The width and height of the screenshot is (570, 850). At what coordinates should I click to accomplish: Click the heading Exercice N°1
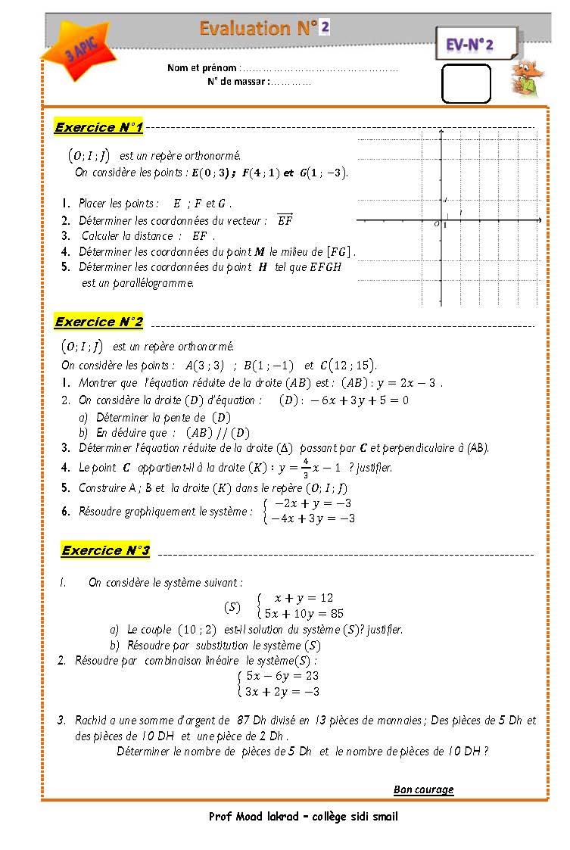(98, 127)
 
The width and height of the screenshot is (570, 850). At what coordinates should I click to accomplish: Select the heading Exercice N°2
(98, 322)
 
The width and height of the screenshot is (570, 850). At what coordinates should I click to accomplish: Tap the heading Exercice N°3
(105, 550)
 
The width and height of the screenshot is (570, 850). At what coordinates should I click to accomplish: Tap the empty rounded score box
(466, 83)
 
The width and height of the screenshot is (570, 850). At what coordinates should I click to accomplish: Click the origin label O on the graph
(436, 224)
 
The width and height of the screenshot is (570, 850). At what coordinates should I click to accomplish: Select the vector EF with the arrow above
(285, 220)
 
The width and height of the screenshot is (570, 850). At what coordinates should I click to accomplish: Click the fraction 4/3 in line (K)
(305, 467)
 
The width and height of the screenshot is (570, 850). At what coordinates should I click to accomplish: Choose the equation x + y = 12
(303, 598)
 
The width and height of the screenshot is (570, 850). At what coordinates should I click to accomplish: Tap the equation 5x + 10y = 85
(304, 614)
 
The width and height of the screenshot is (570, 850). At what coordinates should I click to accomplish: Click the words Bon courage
(423, 789)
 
